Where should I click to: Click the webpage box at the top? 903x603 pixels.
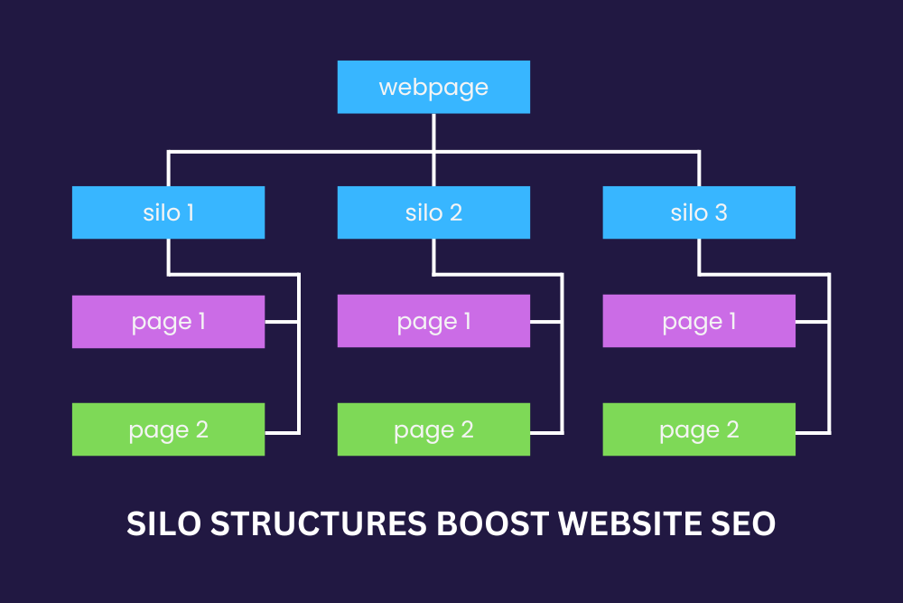coord(433,88)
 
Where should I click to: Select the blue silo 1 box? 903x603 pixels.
coord(168,212)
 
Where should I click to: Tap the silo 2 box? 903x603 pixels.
coord(433,212)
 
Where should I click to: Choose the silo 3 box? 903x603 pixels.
coord(699,212)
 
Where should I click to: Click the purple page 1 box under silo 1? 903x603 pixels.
coord(168,322)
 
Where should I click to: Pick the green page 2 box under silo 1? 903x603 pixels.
coord(168,429)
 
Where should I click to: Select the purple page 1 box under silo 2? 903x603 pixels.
coord(433,322)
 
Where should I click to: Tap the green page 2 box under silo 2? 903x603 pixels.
coord(433,429)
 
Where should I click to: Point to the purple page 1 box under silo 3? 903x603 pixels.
coord(699,322)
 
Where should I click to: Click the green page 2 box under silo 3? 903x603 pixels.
coord(699,429)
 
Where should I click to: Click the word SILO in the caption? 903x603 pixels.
coord(160,523)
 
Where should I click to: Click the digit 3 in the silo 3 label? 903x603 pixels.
coord(721,213)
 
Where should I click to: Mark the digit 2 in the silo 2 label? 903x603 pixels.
coord(455,213)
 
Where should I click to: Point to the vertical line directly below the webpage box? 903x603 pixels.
coord(433,132)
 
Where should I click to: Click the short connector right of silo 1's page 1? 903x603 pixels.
coord(281,322)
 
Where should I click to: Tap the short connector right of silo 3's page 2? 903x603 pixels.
coord(813,429)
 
